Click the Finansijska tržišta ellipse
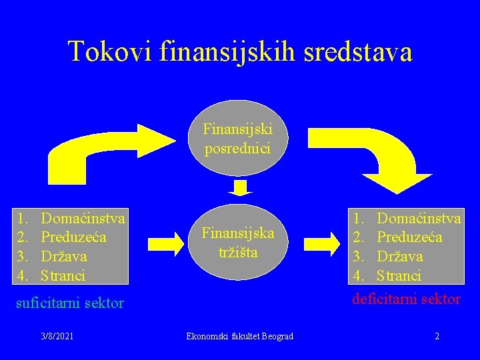click(x=237, y=243)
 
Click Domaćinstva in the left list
click(x=83, y=217)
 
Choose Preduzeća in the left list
click(x=73, y=237)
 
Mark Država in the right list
click(x=399, y=256)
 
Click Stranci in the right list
click(x=399, y=275)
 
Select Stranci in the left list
click(x=63, y=275)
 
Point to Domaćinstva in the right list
click(x=419, y=217)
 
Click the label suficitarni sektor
click(x=70, y=303)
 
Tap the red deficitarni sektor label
click(x=407, y=299)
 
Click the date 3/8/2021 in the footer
click(x=57, y=336)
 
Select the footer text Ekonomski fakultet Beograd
click(x=239, y=336)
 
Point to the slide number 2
click(x=437, y=336)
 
